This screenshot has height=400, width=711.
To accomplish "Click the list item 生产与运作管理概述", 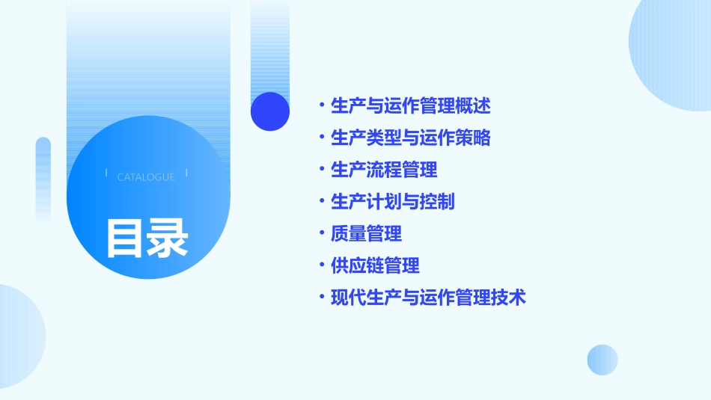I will [x=410, y=106].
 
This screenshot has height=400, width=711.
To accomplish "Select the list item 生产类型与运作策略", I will [x=410, y=138].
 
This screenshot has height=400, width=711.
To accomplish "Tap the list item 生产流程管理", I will [x=384, y=170].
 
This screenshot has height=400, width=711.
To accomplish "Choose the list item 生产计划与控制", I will [x=392, y=202].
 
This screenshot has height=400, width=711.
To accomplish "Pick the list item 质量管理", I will [x=366, y=234].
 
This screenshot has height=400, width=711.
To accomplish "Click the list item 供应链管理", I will [x=375, y=265].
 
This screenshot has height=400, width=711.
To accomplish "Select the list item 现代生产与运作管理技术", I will [x=428, y=298].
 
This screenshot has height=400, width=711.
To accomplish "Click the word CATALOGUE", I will [x=146, y=177].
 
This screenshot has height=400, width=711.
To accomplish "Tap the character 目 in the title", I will [x=125, y=239].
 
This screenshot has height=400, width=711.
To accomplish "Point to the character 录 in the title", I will [x=168, y=239].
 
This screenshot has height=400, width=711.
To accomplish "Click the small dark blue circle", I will [x=270, y=111].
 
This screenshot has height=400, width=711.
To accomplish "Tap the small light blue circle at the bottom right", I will [x=602, y=360].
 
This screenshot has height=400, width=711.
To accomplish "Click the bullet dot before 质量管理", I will [x=321, y=234].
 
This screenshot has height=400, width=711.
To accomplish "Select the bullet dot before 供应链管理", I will [x=321, y=265].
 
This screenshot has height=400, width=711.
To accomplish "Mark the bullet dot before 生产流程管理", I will [x=321, y=170].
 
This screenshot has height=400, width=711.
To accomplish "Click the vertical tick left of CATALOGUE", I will [x=106, y=173].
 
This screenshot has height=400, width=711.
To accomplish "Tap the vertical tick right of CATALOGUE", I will [x=186, y=173].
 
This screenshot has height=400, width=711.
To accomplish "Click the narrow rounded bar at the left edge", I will [x=43, y=179].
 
